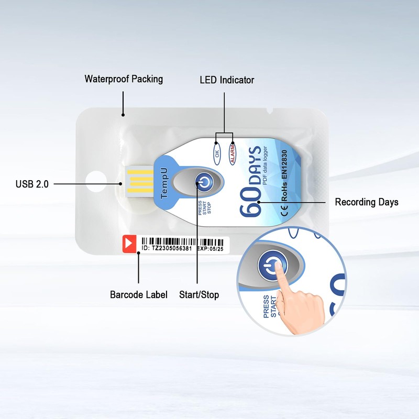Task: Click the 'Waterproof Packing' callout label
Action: coord(124,79)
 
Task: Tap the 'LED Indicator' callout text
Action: coord(227,80)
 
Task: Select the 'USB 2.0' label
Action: coord(32,184)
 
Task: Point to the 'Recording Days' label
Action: coord(367,202)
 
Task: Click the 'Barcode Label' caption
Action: coord(139,294)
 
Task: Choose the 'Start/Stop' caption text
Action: coord(199,294)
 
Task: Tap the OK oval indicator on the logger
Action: coord(217,153)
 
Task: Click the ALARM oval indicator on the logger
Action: coord(233,153)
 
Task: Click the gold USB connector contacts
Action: coord(140,181)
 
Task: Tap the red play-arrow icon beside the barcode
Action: coord(129,244)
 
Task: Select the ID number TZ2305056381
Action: coord(172,248)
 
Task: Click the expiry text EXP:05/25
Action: coord(210,249)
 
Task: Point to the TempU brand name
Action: coord(164,183)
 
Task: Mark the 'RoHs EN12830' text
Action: coord(284,175)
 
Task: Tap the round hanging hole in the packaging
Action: coord(96,181)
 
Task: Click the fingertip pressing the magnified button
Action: coord(278,266)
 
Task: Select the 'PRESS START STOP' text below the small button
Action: coord(204,207)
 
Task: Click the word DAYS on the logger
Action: coord(255,166)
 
